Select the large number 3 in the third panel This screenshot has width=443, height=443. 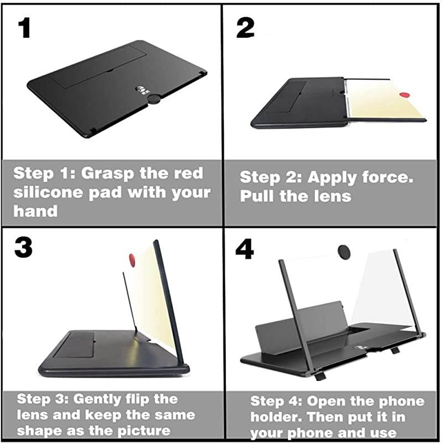click(23, 248)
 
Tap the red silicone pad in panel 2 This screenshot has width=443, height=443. click(405, 95)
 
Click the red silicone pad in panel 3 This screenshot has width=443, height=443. click(132, 260)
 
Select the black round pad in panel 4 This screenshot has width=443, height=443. click(344, 251)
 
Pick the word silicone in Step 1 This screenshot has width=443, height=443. click(49, 192)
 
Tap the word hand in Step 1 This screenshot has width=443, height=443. click(35, 211)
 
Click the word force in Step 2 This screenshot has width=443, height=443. click(388, 177)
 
